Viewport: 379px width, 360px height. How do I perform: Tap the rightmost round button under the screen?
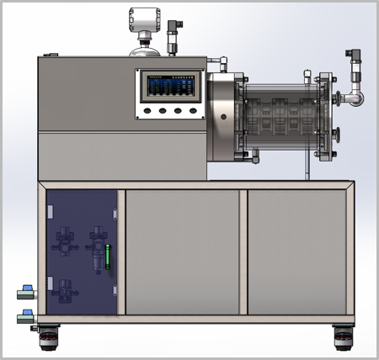[x=193, y=110]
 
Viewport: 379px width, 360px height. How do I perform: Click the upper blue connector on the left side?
[x=26, y=291]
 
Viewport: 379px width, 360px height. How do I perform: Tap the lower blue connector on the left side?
[x=26, y=317]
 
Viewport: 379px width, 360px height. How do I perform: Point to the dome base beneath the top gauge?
[x=144, y=50]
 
